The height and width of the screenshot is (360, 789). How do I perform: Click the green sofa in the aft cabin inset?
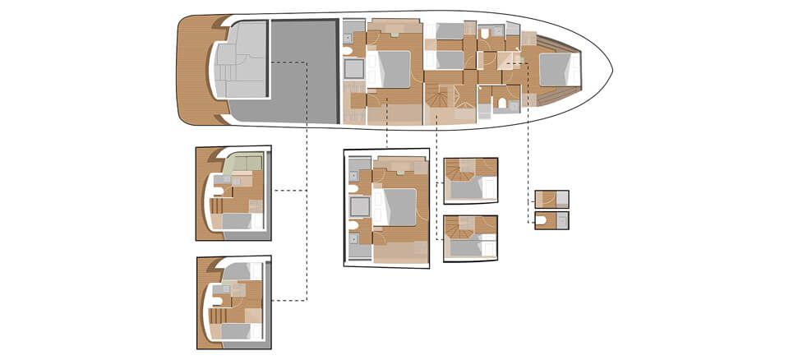tap(243, 160)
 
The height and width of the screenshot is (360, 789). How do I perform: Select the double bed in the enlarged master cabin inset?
tap(398, 205)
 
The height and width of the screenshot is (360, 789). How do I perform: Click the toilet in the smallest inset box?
tap(543, 219)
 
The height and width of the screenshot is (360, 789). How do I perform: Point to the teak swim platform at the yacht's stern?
tap(193, 70)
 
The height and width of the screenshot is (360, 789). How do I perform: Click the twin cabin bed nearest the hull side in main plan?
tap(448, 31)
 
